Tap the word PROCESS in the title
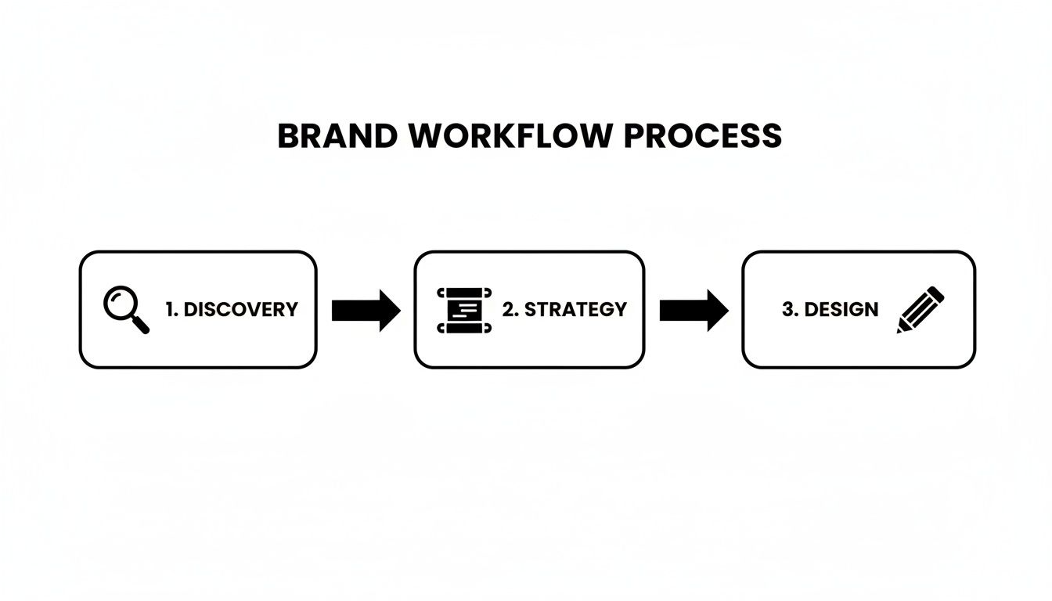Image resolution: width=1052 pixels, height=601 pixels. point(703,136)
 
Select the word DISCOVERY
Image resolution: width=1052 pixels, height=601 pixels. point(240,310)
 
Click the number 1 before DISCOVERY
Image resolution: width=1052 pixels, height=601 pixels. point(171,310)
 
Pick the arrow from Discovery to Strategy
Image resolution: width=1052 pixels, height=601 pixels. point(366,311)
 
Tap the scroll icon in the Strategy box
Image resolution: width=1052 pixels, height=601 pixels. point(463,310)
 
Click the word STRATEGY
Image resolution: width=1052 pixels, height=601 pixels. point(575,310)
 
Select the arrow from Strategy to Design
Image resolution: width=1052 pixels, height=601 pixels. point(694,311)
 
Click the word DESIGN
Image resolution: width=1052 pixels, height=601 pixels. point(841,310)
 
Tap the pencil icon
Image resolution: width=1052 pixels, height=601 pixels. point(920,310)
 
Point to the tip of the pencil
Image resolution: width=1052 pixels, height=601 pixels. point(900,330)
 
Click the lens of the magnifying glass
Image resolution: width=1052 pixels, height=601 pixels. point(120,304)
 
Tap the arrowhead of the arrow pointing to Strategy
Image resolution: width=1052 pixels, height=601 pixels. point(389,311)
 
